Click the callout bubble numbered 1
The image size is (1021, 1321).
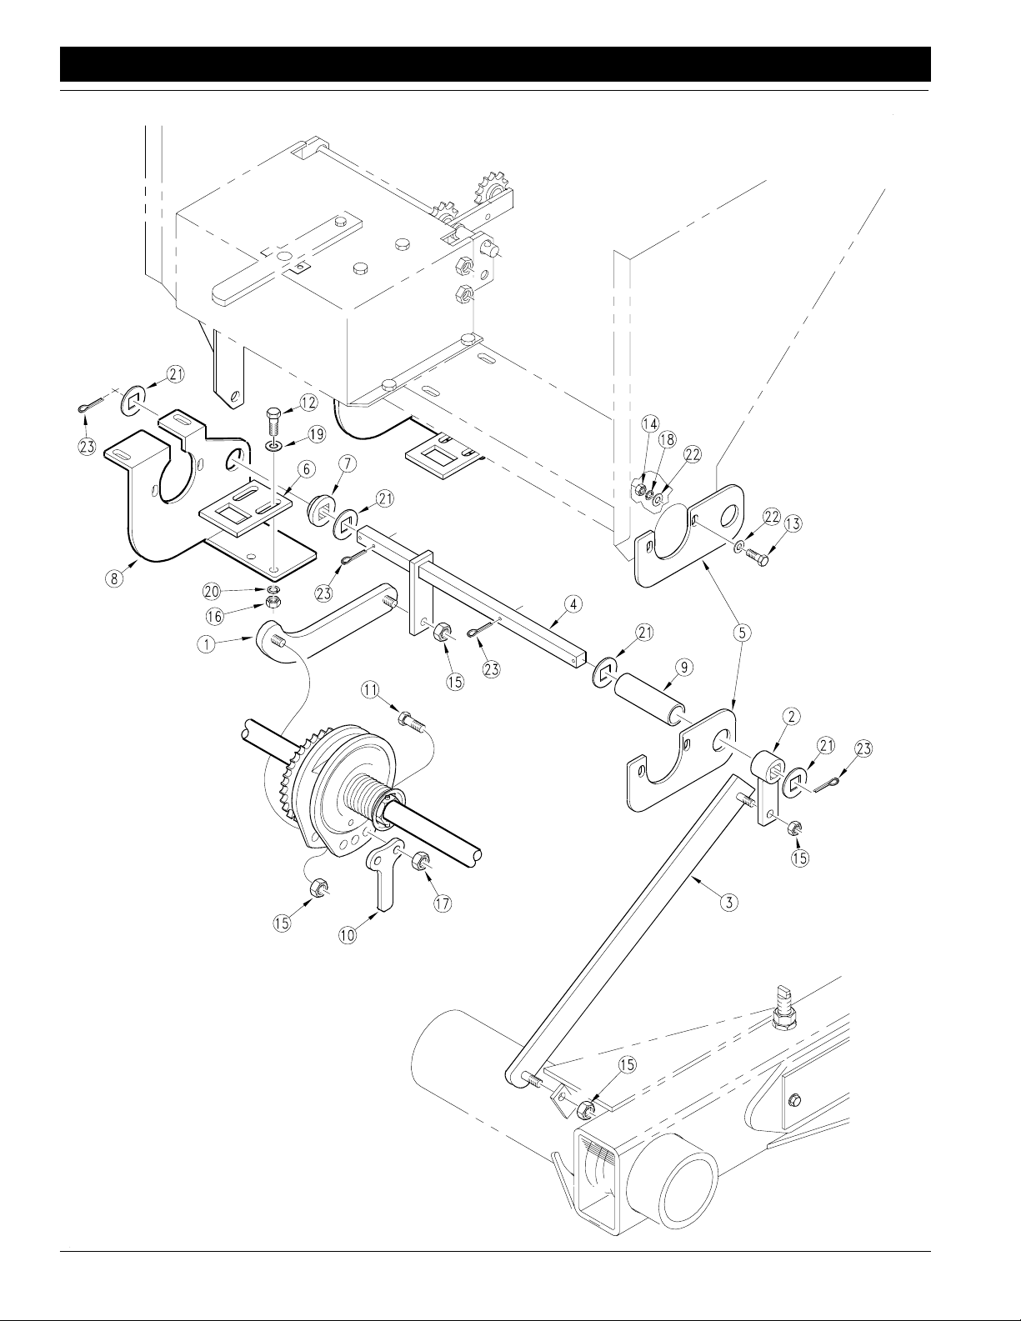(208, 644)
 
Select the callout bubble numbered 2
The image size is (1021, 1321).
(791, 717)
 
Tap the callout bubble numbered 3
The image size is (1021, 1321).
(729, 902)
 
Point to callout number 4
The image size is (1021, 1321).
(573, 604)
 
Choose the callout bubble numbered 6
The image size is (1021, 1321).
(307, 469)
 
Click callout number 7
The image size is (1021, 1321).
(347, 464)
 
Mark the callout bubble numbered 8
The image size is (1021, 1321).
(114, 578)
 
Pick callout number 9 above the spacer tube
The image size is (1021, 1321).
(683, 668)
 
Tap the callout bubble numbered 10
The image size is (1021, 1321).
(348, 934)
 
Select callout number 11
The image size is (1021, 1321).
(372, 689)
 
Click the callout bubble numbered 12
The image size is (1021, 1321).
(308, 403)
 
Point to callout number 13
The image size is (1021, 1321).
(793, 523)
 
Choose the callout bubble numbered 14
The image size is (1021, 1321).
(650, 423)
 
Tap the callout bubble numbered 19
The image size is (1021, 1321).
(316, 434)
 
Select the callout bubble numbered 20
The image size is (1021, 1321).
(212, 591)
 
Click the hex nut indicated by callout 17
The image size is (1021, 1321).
(421, 863)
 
